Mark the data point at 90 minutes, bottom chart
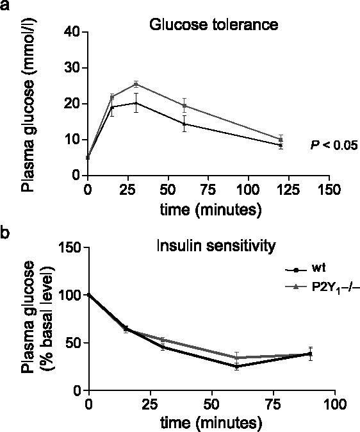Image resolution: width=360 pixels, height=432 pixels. coord(311,354)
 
